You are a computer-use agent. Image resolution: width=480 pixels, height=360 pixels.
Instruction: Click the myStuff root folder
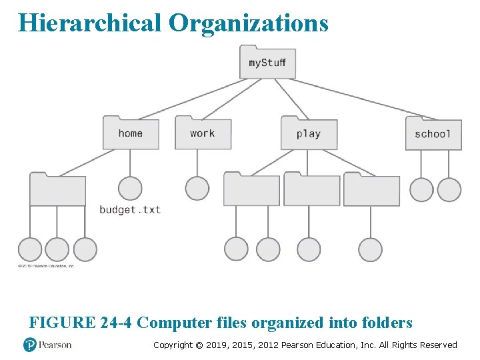pyautogui.click(x=267, y=62)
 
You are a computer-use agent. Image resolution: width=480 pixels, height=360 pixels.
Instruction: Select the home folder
pyautogui.click(x=131, y=133)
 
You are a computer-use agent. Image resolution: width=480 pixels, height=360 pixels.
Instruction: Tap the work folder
pyautogui.click(x=203, y=133)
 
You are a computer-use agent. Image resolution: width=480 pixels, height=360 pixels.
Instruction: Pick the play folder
pyautogui.click(x=309, y=133)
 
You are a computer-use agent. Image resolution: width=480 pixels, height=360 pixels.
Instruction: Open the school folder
pyautogui.click(x=433, y=133)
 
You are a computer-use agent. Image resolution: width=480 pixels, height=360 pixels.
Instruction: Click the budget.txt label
pyautogui.click(x=130, y=209)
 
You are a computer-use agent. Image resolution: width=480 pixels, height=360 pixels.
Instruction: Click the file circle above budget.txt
pyautogui.click(x=130, y=189)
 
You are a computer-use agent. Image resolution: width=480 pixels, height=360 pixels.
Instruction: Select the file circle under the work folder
pyautogui.click(x=197, y=189)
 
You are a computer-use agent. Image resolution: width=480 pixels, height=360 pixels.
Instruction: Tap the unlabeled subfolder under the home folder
pyautogui.click(x=58, y=190)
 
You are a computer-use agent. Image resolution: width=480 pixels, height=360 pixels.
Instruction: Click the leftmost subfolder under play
pyautogui.click(x=251, y=190)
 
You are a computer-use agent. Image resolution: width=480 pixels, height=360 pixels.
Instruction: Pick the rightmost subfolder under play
pyautogui.click(x=371, y=190)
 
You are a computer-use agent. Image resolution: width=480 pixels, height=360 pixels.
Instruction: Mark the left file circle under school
pyautogui.click(x=421, y=189)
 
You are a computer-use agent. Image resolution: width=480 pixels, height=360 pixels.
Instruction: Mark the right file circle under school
pyautogui.click(x=449, y=189)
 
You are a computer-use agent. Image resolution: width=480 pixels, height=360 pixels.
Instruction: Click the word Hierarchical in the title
pyautogui.click(x=90, y=23)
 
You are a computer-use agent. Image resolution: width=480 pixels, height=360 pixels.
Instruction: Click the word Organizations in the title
pyautogui.click(x=248, y=23)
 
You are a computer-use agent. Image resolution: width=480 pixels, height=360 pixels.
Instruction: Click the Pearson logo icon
pyautogui.click(x=29, y=345)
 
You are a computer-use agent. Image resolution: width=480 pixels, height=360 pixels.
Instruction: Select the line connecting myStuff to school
pyautogui.click(x=360, y=97)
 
